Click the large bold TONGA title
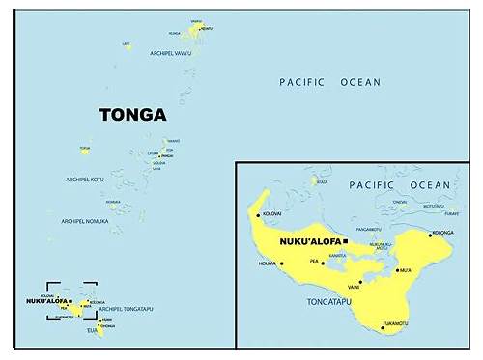[x=132, y=114]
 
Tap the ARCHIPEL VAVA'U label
[x=171, y=53]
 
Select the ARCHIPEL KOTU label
[x=86, y=180]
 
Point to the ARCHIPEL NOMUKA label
[x=85, y=221]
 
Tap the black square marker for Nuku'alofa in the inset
[x=345, y=240]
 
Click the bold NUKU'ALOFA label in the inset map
[x=310, y=240]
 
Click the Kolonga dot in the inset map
[x=430, y=234]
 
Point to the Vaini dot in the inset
[x=360, y=282]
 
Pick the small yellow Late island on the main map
[x=128, y=42]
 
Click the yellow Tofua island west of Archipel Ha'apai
[x=86, y=150]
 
